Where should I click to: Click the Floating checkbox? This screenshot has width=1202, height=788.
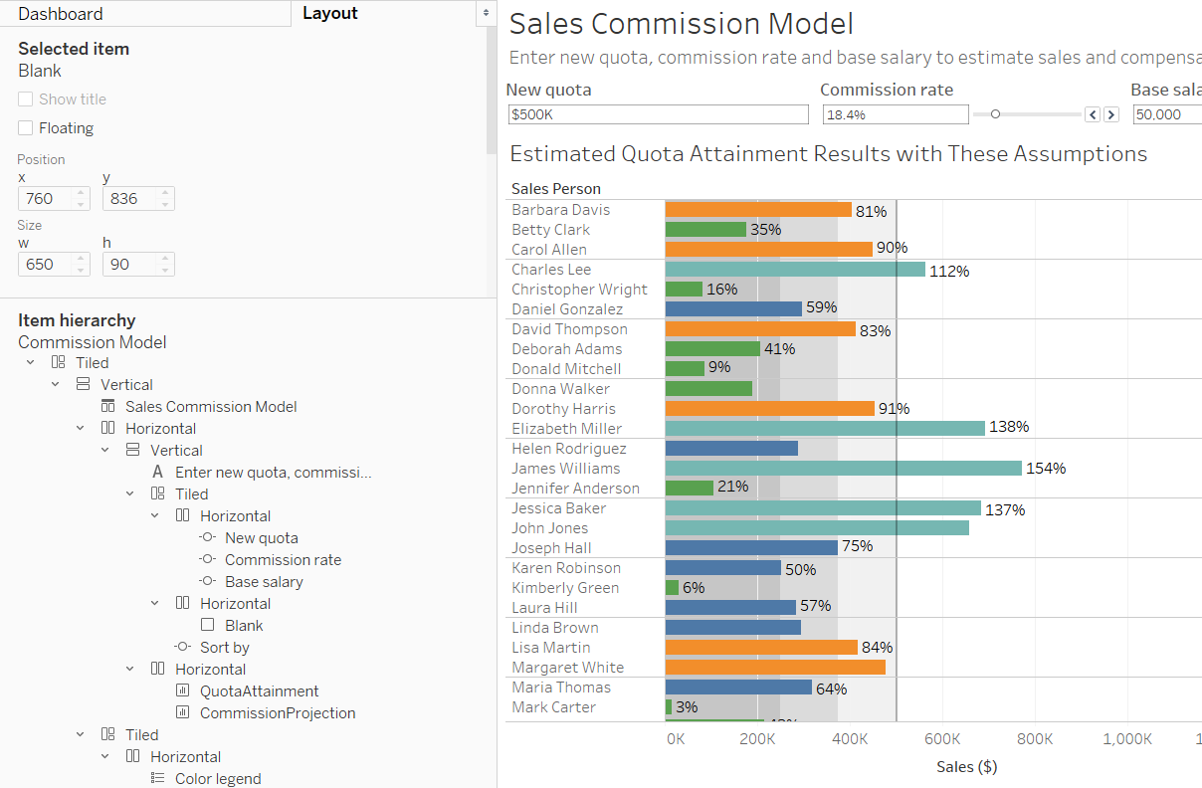point(25,128)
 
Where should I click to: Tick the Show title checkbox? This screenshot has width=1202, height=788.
point(25,99)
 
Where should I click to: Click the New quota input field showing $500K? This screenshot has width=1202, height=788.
point(658,114)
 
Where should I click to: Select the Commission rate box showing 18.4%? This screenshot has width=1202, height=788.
point(895,114)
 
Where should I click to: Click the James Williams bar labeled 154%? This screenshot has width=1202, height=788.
point(843,468)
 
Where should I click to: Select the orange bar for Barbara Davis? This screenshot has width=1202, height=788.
point(758,210)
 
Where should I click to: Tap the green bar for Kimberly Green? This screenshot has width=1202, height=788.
point(672,588)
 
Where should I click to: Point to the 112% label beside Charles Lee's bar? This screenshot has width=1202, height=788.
point(949,271)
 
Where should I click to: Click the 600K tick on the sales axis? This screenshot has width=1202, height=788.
point(941,739)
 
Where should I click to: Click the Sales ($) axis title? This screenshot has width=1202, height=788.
point(966,766)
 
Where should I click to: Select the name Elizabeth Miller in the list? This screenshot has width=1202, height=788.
point(566,429)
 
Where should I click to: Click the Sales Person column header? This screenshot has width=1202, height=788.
point(556,188)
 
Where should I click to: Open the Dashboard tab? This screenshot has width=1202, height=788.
point(61,14)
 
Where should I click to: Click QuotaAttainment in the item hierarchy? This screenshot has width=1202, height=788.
point(259,691)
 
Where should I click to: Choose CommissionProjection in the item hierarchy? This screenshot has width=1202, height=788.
point(277,713)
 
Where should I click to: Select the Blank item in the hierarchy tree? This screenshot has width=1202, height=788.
point(244,626)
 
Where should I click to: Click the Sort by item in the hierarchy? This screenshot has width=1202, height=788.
point(224,648)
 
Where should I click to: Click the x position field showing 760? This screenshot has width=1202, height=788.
point(45,199)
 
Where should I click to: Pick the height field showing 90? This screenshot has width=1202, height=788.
point(128,265)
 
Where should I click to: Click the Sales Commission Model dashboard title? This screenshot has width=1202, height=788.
point(681,24)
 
